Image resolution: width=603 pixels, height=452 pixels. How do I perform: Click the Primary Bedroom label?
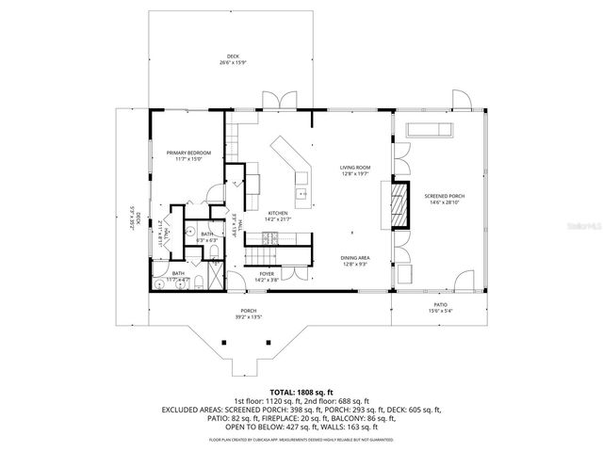click(x=188, y=153)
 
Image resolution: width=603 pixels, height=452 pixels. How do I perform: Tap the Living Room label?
click(x=355, y=169)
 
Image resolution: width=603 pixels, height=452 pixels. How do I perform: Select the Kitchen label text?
click(x=278, y=214)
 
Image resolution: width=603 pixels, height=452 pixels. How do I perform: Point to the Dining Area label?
click(x=354, y=258)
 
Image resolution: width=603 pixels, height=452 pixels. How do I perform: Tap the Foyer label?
click(x=267, y=275)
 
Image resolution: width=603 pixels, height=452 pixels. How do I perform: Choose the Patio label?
click(x=440, y=305)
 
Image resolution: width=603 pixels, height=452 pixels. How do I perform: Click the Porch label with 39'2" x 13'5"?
click(x=249, y=312)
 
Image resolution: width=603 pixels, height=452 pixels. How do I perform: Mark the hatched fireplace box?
click(x=400, y=204)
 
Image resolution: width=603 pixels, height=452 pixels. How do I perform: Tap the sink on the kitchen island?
click(x=301, y=196)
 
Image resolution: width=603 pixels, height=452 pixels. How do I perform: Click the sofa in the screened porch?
click(x=430, y=131)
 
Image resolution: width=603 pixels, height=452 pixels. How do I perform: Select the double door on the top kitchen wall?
click(x=276, y=102)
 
